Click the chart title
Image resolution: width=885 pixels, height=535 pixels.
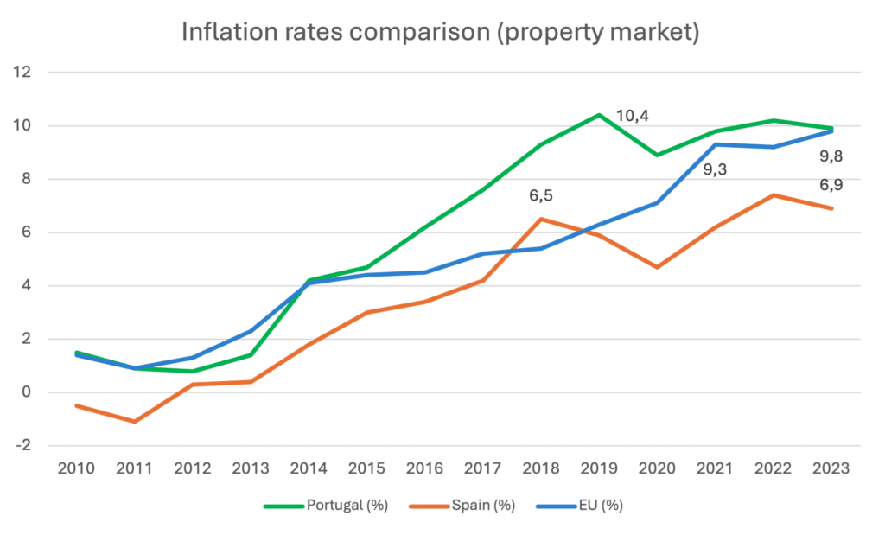point(440,33)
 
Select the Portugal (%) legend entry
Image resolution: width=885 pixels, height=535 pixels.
point(345,506)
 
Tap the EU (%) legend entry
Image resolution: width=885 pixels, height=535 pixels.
point(601,506)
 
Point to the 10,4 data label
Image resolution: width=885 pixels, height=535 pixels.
point(633,115)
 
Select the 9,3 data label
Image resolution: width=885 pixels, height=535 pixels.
point(714,170)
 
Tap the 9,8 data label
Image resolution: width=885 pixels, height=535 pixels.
point(831,156)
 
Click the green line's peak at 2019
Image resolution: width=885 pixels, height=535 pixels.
point(599,115)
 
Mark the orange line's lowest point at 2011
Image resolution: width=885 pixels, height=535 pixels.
point(134,422)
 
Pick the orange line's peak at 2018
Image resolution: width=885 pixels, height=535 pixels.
point(541,219)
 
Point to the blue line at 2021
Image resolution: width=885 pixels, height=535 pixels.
point(716,144)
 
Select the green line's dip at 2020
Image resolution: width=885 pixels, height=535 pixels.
point(657,156)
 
